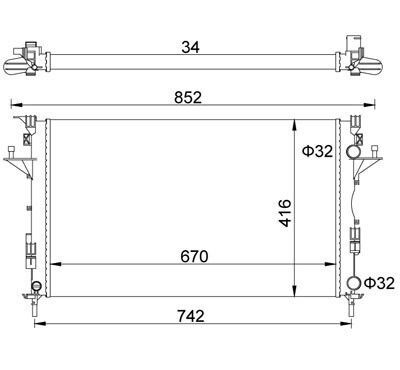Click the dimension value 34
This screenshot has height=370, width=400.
click(190, 47)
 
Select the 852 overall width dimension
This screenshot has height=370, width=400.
click(188, 98)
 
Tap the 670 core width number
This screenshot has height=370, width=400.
click(194, 257)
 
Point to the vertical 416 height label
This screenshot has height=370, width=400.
click(285, 213)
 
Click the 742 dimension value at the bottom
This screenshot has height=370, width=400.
click(191, 316)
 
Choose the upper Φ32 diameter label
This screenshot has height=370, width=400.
click(318, 152)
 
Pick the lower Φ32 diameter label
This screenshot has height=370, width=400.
click(379, 283)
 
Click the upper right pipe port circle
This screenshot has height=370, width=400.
click(353, 152)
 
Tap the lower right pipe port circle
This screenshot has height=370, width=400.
click(354, 283)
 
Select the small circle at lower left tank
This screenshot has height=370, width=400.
click(36, 286)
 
